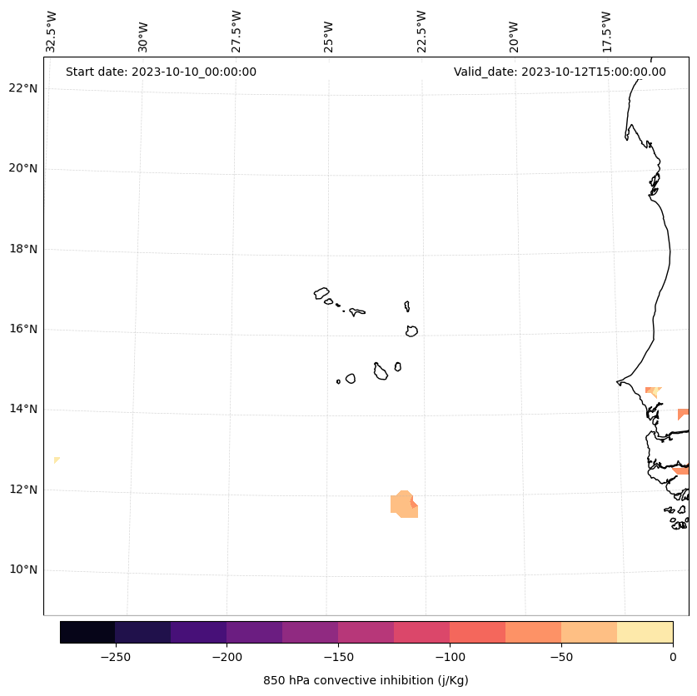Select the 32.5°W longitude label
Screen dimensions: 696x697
[x=52, y=32]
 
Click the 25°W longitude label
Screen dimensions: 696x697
[x=329, y=36]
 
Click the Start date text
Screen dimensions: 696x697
[x=161, y=72]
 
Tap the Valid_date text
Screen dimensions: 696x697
[x=560, y=72]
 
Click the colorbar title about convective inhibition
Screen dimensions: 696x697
[x=366, y=680]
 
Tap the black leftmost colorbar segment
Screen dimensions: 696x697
[x=87, y=632]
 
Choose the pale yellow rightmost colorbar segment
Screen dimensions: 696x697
[x=645, y=632]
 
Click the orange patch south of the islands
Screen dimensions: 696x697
[x=403, y=505]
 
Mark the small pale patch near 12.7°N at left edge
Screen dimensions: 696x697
[x=57, y=460]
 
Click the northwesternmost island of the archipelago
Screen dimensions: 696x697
[x=321, y=293]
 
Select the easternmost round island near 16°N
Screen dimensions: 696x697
[x=411, y=331]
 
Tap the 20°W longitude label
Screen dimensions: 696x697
[x=514, y=36]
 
